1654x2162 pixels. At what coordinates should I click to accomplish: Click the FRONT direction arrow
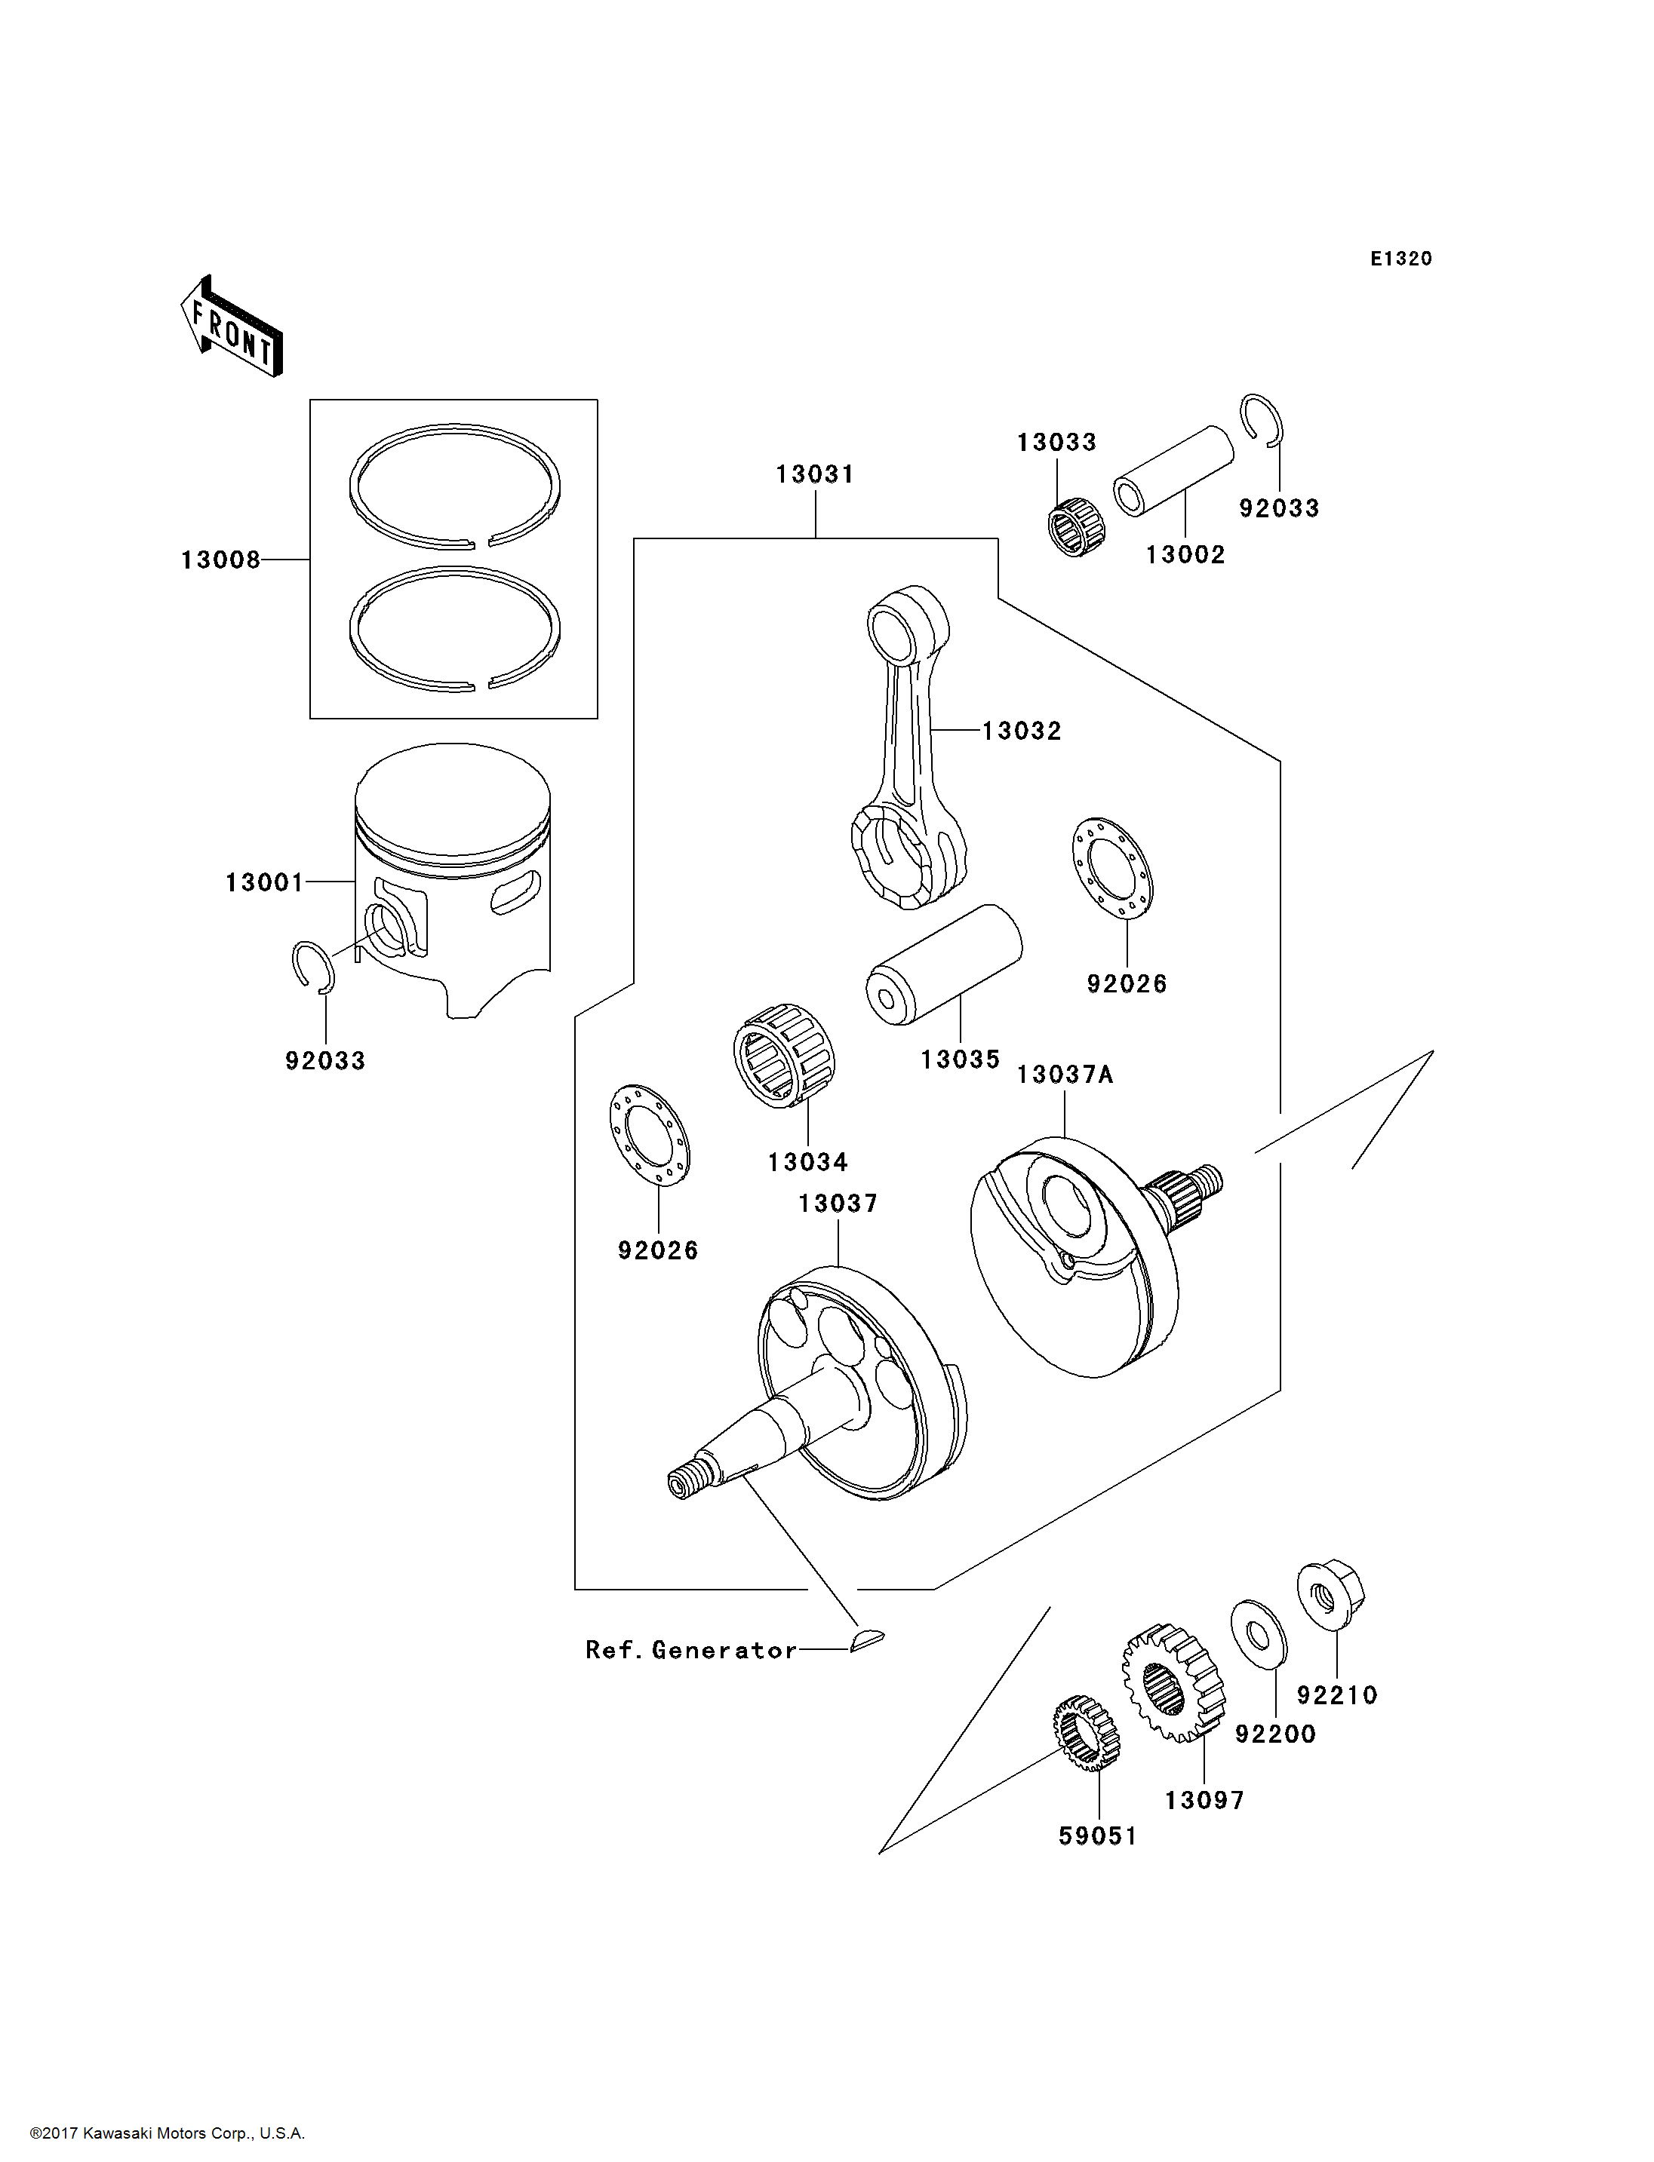pyautogui.click(x=232, y=326)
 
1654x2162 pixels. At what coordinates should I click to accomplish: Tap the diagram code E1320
pyautogui.click(x=1401, y=259)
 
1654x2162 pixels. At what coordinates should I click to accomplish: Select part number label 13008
pyautogui.click(x=220, y=560)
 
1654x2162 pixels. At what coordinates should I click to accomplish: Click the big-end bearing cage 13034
pyautogui.click(x=784, y=1055)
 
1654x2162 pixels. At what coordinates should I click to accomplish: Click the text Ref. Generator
pyautogui.click(x=691, y=1650)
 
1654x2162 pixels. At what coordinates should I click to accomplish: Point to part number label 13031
pyautogui.click(x=814, y=474)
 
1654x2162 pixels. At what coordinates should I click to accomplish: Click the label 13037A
pyautogui.click(x=1064, y=1075)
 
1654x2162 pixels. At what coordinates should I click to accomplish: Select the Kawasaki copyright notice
pyautogui.click(x=168, y=2133)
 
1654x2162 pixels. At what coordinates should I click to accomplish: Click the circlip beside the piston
pyautogui.click(x=314, y=968)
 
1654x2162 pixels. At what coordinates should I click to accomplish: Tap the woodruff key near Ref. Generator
pyautogui.click(x=866, y=1639)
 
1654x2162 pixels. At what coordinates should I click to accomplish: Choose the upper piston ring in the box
pyautogui.click(x=455, y=486)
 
